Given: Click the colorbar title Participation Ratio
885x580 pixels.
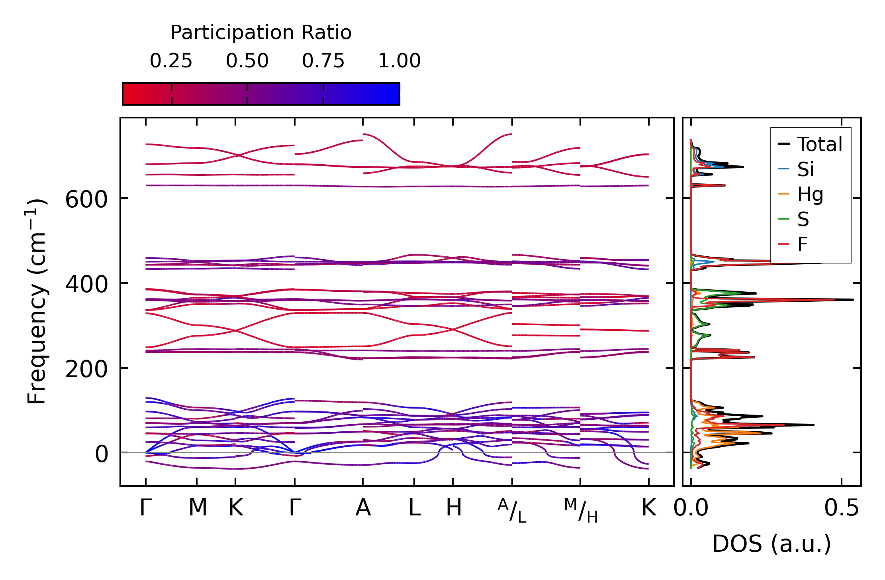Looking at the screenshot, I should click(x=261, y=33).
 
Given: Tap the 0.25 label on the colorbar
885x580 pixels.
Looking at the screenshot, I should click(x=171, y=61).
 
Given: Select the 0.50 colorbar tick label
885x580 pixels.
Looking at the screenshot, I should click(x=247, y=61).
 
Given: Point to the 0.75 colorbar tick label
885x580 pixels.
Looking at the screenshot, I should click(x=323, y=61).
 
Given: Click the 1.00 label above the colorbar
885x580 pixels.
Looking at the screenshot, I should click(x=399, y=61).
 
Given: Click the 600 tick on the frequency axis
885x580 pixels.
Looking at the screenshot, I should click(x=86, y=199).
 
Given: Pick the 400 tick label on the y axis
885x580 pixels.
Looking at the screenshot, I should click(x=86, y=285).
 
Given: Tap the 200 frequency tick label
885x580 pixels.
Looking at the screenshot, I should click(x=86, y=370).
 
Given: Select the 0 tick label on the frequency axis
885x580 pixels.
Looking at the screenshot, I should click(x=101, y=454).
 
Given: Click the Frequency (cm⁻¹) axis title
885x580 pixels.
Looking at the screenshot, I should click(x=37, y=301).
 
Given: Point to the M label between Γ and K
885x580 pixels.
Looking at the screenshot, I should click(x=198, y=508).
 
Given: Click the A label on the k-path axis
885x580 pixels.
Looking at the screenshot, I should click(x=363, y=508).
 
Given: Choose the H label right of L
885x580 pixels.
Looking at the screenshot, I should click(x=454, y=508).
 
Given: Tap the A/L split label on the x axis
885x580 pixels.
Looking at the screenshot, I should click(x=512, y=511).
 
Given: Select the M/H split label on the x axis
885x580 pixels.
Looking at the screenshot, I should click(x=581, y=511).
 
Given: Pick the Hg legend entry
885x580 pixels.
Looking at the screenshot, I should click(x=810, y=195).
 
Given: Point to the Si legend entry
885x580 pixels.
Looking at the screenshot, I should click(x=805, y=169).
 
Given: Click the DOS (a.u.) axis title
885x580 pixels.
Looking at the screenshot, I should click(x=771, y=544).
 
